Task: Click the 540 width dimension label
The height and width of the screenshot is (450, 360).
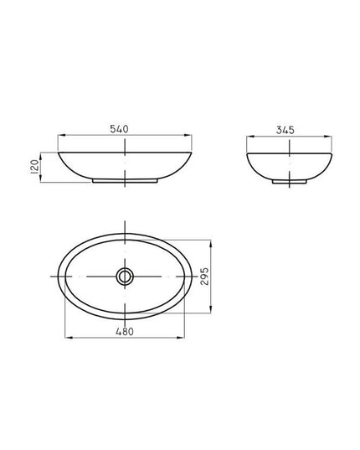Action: [119, 129]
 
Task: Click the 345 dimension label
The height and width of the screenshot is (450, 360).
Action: [285, 130]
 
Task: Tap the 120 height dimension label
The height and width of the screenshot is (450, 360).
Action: [34, 167]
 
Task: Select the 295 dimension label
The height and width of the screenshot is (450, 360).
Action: [204, 277]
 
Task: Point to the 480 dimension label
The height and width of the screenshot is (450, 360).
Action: [125, 332]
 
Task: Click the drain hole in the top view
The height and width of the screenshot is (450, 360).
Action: [125, 277]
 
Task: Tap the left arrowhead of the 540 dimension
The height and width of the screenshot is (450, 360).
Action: [61, 135]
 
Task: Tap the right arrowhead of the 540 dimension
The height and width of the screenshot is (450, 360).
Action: [188, 135]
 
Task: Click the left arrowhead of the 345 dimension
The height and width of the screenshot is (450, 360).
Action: [250, 137]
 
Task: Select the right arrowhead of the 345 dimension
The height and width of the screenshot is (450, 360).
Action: [328, 137]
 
